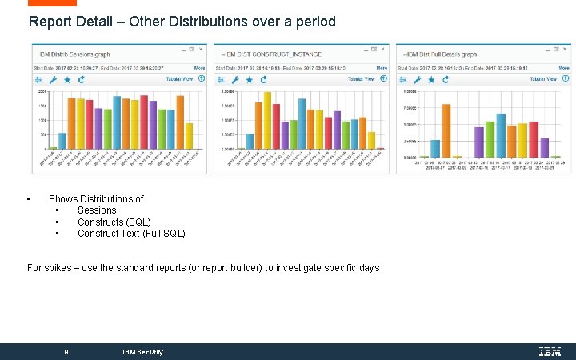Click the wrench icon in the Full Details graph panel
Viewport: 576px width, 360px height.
[418, 79]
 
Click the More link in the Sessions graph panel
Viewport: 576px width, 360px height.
[198, 68]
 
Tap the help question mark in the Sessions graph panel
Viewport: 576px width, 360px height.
[202, 79]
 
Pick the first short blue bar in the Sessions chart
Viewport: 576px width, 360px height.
[62, 141]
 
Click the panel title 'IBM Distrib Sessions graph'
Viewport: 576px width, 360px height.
[75, 54]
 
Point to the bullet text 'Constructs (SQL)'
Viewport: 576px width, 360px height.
[114, 222]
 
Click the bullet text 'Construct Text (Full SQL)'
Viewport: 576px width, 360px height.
[131, 234]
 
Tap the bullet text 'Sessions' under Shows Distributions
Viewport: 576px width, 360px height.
[97, 210]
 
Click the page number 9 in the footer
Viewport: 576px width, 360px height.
[66, 352]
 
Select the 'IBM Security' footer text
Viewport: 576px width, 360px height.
[142, 352]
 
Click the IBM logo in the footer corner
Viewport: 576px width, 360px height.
[550, 351]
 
